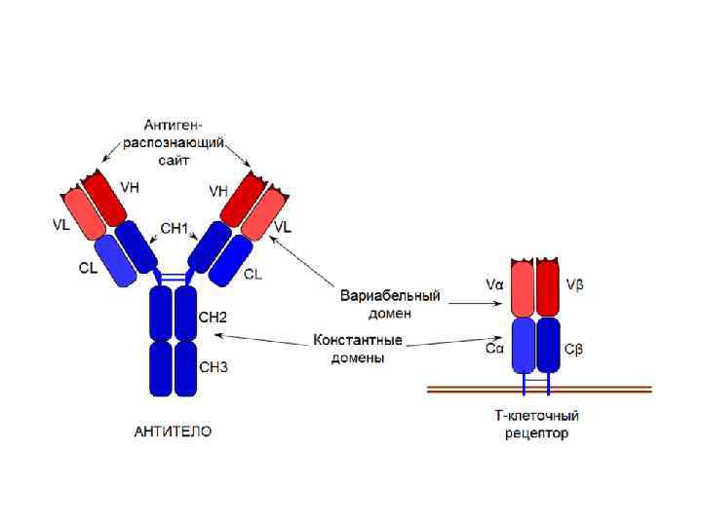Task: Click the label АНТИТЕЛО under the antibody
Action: point(172,431)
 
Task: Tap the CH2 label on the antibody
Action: point(213,318)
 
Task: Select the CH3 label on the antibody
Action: point(213,367)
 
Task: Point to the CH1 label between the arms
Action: point(174,229)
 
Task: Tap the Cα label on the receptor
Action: point(494,348)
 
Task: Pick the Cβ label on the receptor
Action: point(575,349)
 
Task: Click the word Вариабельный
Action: point(390,294)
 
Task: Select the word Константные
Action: point(358,342)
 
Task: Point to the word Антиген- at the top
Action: point(173,125)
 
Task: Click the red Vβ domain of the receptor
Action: point(548,290)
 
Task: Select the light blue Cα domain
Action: point(524,347)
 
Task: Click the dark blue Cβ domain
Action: point(548,347)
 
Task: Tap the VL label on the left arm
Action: point(60,224)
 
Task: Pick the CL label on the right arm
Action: point(253,275)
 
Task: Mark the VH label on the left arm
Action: point(130,187)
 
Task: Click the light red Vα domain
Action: point(524,290)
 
